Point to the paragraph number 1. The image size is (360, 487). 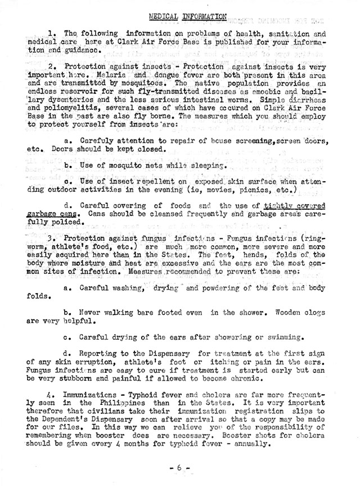[52, 33]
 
